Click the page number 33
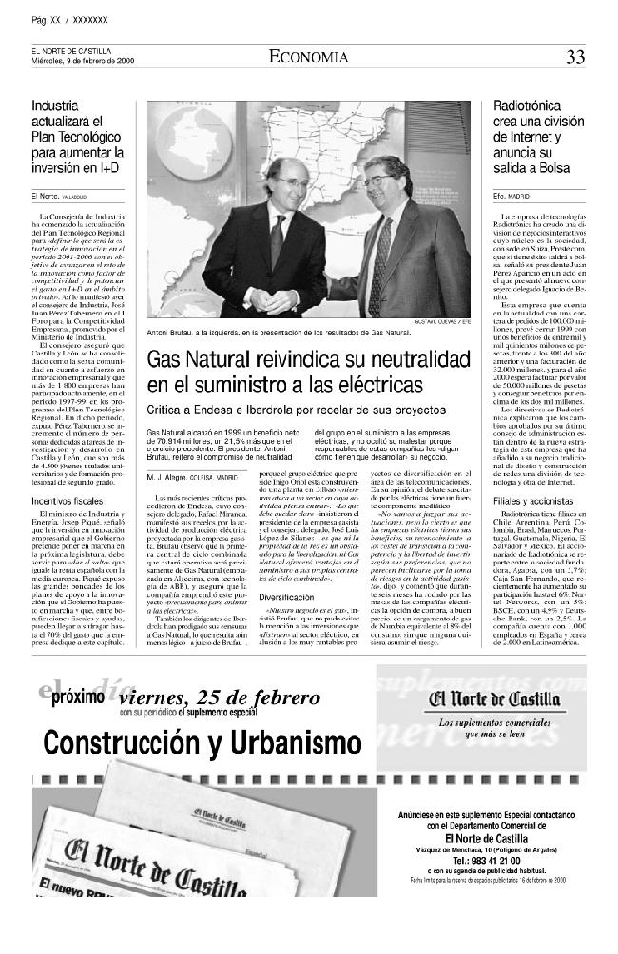575,57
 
